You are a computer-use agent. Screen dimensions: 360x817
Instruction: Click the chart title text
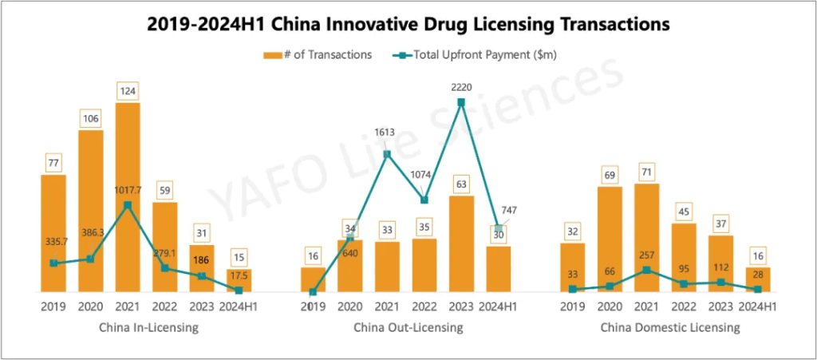(408, 24)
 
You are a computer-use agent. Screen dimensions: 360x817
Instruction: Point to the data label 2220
(461, 85)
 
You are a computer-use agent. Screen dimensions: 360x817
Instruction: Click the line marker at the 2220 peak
(461, 102)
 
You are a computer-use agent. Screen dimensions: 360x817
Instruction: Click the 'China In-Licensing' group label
(148, 327)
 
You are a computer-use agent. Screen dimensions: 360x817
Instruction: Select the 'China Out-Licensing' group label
(408, 327)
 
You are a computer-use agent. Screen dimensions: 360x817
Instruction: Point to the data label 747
(509, 211)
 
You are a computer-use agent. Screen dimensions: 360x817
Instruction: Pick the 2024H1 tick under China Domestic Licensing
(757, 306)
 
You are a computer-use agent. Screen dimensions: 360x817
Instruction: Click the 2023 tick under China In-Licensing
(202, 306)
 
